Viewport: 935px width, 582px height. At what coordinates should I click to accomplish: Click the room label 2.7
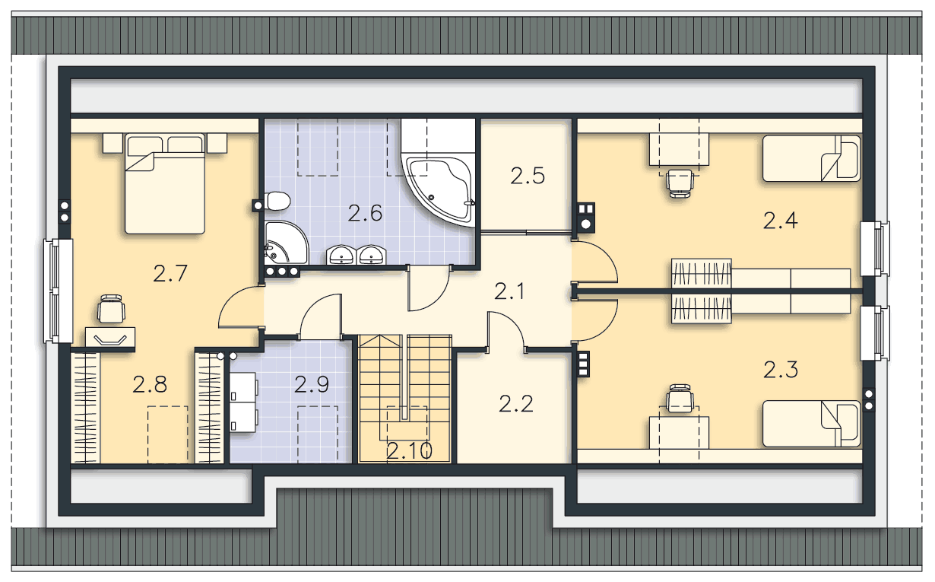point(170,274)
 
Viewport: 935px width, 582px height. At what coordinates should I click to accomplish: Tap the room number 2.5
point(528,176)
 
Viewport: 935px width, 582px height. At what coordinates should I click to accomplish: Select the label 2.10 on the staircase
point(409,451)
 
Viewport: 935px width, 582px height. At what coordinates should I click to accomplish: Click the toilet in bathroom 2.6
point(277,201)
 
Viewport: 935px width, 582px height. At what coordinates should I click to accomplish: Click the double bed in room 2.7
point(165,183)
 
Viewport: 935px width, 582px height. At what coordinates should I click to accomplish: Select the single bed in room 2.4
point(811,158)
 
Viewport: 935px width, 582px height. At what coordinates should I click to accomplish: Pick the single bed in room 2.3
point(811,424)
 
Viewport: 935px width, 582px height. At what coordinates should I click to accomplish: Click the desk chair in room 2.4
point(680,183)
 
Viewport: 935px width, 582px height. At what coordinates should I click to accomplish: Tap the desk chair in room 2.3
point(680,399)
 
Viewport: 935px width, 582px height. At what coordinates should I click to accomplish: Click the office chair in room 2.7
point(111,309)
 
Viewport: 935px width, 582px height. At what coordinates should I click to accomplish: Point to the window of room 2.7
point(59,291)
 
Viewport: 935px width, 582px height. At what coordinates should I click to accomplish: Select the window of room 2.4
point(875,249)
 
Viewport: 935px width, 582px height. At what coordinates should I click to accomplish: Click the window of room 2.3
point(875,333)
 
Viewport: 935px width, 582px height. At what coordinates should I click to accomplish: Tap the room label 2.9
point(312,384)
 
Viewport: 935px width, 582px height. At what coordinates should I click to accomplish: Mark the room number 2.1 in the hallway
point(509,291)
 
